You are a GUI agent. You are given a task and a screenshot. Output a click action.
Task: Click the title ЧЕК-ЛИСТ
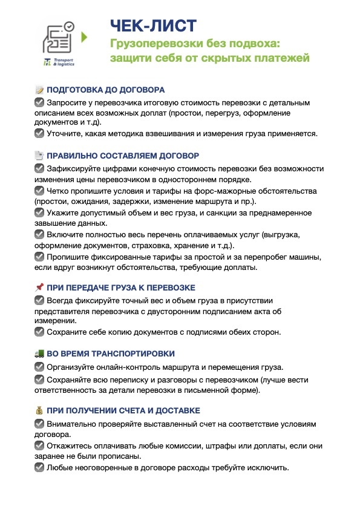153,25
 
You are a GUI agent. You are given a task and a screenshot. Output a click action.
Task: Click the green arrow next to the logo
85,36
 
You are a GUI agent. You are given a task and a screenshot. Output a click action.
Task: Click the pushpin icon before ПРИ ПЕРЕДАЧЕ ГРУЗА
39,287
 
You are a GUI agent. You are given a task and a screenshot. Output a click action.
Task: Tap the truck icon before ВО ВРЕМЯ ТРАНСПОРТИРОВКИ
39,353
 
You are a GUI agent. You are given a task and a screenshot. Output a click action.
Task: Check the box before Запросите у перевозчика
39,102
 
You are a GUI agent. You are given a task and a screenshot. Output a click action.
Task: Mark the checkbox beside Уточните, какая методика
39,133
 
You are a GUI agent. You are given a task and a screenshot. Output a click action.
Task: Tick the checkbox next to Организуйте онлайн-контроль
39,367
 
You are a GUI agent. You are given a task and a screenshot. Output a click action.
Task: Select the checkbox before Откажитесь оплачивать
39,445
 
